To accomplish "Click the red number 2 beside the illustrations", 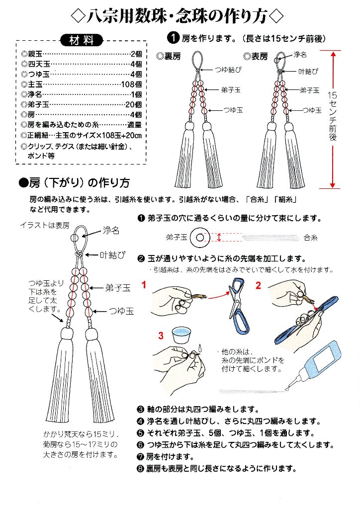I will point(259,285).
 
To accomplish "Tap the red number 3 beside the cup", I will point(161,336).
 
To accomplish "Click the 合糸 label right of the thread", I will point(310,238).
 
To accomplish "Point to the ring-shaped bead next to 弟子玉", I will point(201,238).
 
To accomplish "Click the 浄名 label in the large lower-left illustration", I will point(111,230).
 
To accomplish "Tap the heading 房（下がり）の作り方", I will point(75,182).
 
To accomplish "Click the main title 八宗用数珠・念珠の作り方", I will point(180,16).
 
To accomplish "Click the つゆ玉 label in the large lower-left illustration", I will point(122,311).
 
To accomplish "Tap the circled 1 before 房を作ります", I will point(173,37).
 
